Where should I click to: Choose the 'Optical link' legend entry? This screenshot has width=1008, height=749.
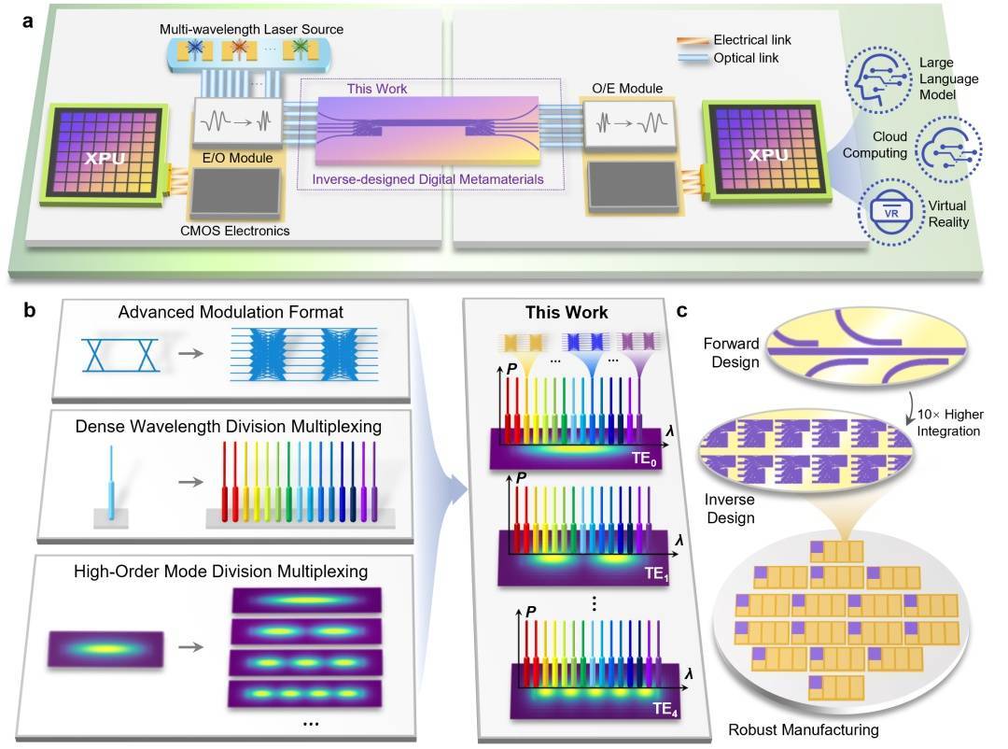(744, 58)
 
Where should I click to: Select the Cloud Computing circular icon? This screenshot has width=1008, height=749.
(945, 147)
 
